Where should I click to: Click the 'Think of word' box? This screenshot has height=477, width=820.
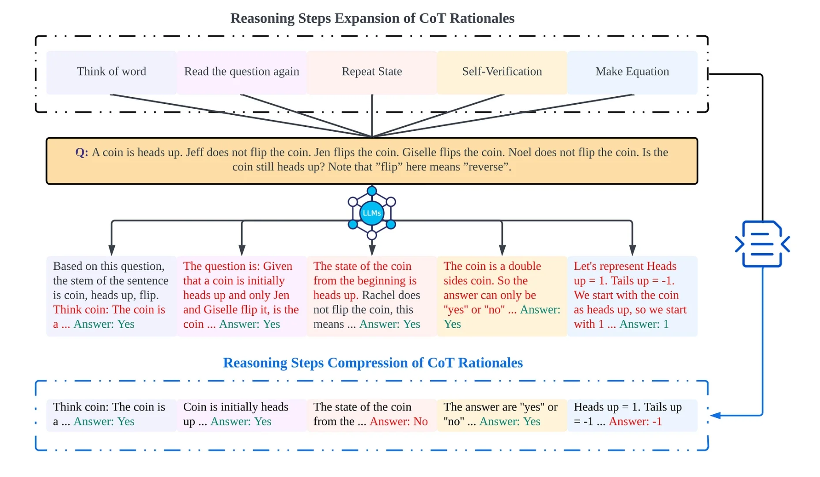coord(111,72)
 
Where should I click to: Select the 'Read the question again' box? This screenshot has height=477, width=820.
coord(242,72)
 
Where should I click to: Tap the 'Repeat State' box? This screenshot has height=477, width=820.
coord(372,72)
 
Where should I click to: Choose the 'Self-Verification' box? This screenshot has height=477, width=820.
coord(502,72)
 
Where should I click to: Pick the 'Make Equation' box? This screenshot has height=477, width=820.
coord(632,72)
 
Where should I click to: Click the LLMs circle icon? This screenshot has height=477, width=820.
coord(371,213)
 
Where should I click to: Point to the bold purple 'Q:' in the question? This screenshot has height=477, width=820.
coord(82,152)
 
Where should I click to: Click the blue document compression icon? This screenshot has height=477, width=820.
coord(762,244)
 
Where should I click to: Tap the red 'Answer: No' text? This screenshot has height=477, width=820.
coord(399,422)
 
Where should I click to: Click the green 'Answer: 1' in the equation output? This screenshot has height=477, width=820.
coord(644,324)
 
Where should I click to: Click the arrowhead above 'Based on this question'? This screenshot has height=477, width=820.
coord(112,250)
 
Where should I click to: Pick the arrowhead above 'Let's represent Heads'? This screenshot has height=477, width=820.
coord(632,250)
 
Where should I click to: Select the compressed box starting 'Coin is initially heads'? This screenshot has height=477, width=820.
coord(242,415)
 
